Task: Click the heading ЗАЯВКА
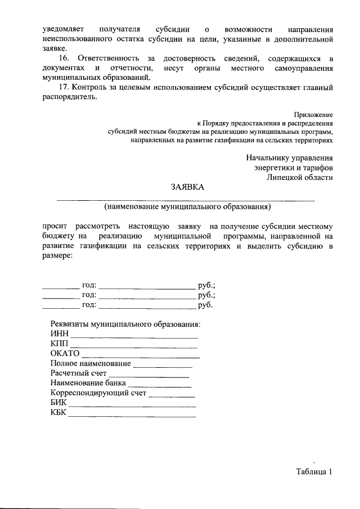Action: click(x=188, y=187)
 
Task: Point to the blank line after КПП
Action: click(x=134, y=345)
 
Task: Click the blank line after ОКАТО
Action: click(x=141, y=355)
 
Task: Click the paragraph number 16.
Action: click(x=64, y=58)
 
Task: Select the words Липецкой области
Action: click(x=300, y=177)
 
